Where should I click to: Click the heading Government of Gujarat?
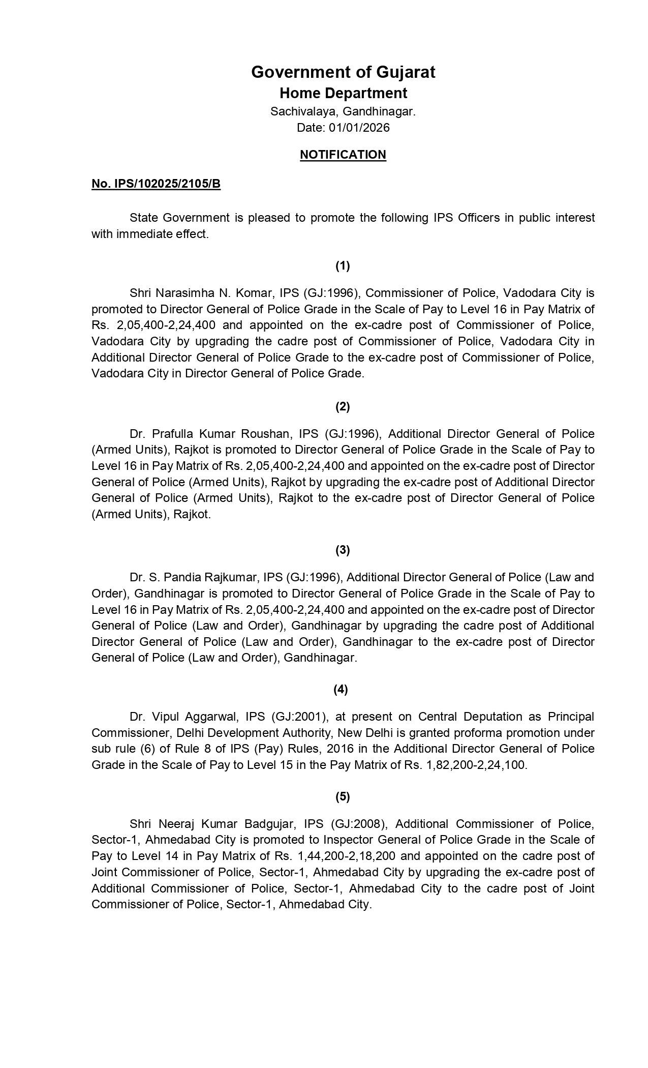(343, 72)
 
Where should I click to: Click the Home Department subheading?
(343, 94)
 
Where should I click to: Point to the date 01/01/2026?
(359, 128)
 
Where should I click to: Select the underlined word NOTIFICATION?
(343, 155)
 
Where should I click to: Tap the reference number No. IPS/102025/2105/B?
(156, 184)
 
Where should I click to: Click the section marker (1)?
(343, 265)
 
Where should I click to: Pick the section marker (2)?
(343, 406)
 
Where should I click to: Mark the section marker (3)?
(343, 550)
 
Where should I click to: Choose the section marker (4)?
(341, 689)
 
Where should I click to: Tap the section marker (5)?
(343, 796)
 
